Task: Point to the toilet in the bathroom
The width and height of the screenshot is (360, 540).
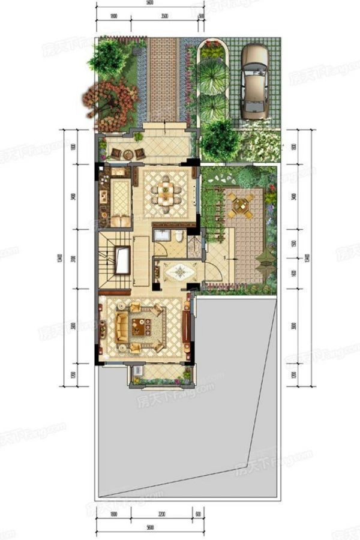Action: coord(179,236)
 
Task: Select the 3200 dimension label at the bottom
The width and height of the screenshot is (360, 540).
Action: coord(161,515)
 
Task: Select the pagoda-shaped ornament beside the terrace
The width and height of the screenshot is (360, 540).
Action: coord(264,258)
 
